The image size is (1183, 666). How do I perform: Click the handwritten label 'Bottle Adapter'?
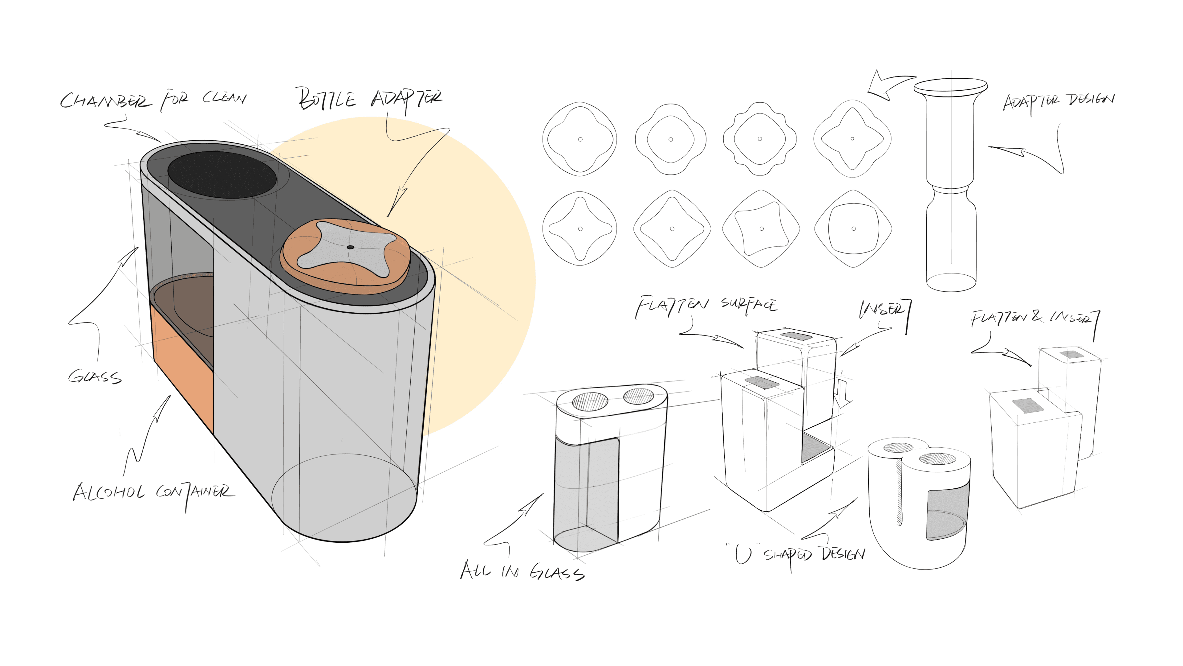(x=370, y=99)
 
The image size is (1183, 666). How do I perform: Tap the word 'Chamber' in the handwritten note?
(x=105, y=101)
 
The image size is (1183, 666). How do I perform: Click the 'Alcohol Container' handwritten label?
(x=153, y=493)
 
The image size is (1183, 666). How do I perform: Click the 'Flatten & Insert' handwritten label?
(x=1033, y=318)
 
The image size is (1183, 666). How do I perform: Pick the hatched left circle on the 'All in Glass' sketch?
(x=590, y=401)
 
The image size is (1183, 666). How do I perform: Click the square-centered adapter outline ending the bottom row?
(x=853, y=228)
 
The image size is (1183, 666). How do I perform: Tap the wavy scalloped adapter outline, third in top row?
(x=760, y=139)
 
